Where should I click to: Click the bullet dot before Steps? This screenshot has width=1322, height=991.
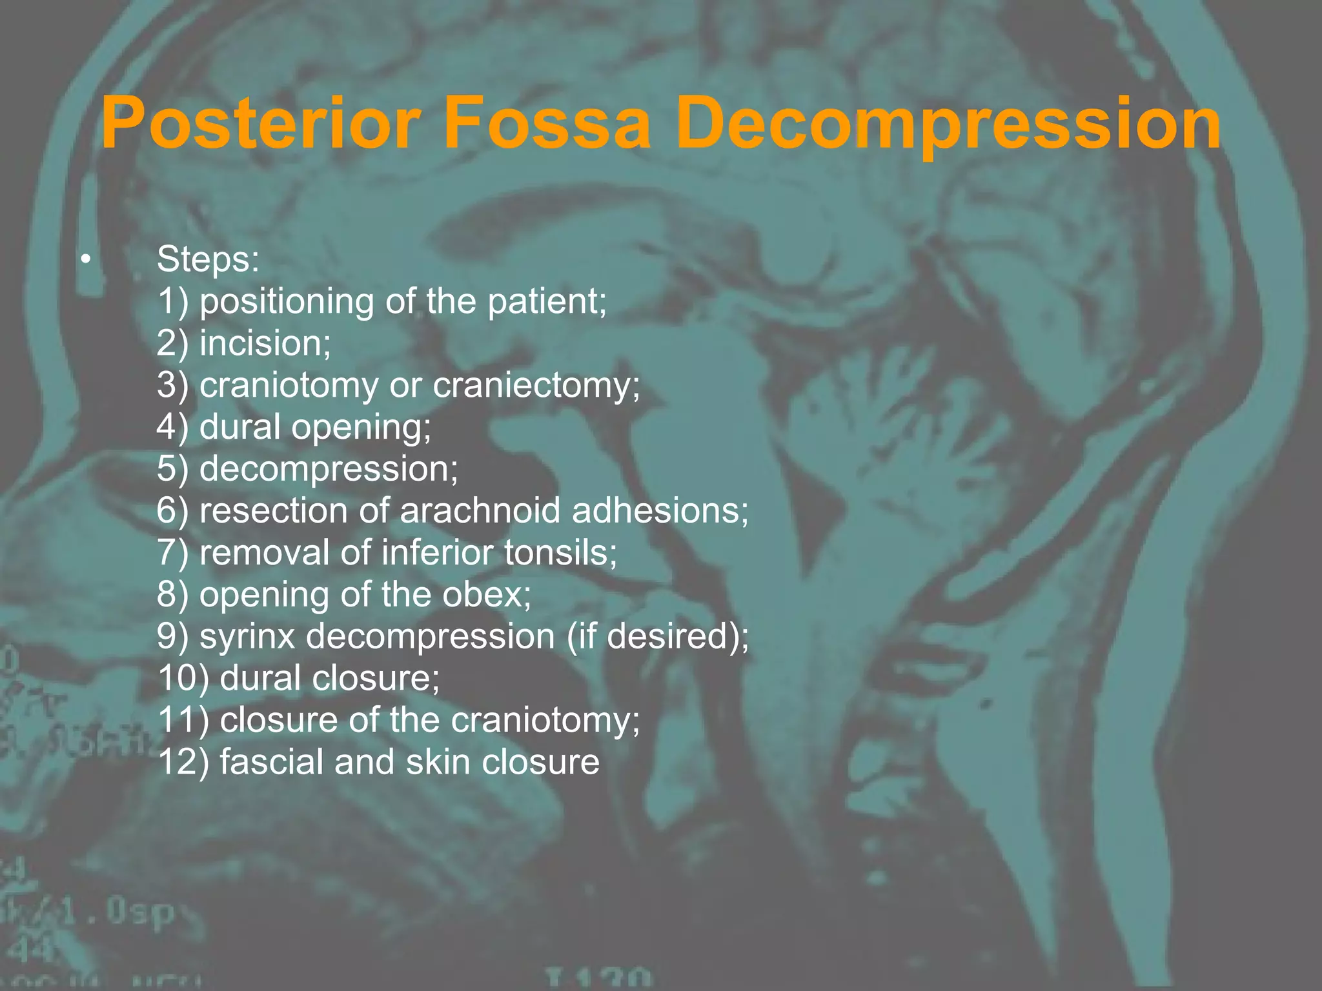click(x=85, y=261)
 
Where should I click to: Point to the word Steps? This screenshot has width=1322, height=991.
click(x=208, y=259)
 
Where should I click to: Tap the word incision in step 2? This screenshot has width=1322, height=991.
click(x=265, y=343)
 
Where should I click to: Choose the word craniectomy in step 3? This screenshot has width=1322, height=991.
click(x=536, y=385)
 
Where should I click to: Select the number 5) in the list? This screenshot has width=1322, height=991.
click(x=172, y=468)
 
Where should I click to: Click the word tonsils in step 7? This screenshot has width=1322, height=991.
click(x=560, y=552)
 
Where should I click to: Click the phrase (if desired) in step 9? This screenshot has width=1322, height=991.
click(x=656, y=636)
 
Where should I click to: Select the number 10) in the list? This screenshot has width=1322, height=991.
click(x=183, y=678)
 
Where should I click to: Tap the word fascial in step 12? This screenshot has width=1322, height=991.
click(x=271, y=762)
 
